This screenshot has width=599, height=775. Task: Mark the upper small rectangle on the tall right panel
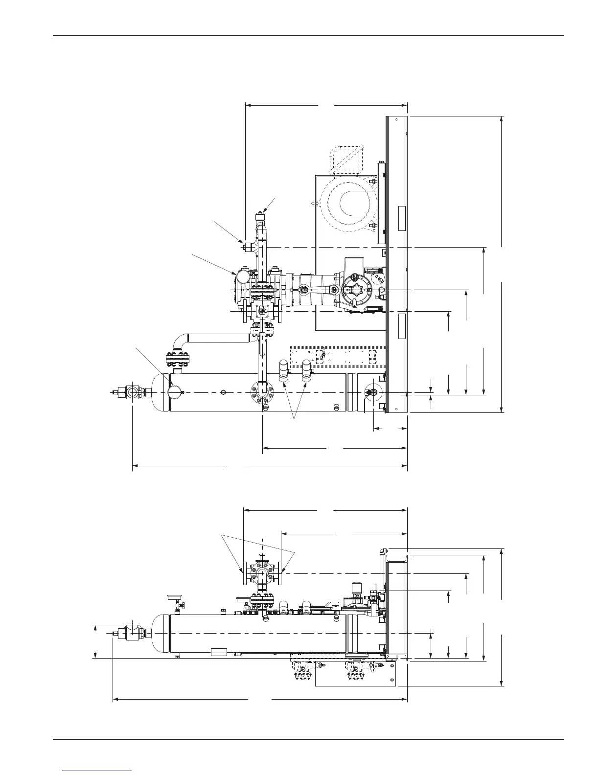[402, 218]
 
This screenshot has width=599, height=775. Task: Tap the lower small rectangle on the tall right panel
[402, 326]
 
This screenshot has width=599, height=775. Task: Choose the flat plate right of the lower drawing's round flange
[280, 570]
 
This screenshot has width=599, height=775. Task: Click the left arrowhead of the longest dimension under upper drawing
[135, 466]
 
